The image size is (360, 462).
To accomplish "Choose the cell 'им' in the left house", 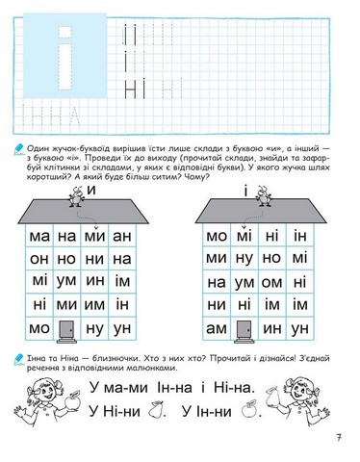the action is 122,282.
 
